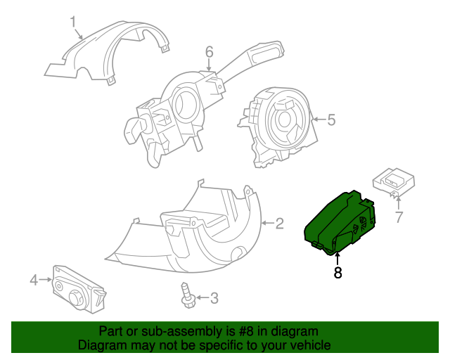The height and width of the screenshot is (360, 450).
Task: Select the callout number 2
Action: (279, 224)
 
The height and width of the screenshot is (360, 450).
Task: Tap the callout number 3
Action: (214, 298)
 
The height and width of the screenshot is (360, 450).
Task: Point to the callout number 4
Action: (34, 281)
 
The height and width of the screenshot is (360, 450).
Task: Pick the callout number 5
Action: (330, 120)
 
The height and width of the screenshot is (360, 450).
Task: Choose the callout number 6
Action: (209, 51)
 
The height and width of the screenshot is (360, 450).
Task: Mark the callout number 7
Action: (398, 217)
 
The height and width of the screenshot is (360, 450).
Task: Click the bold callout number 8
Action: (337, 274)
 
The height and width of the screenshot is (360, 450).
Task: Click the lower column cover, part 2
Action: (190, 232)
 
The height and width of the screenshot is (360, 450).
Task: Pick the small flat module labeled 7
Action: (395, 180)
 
